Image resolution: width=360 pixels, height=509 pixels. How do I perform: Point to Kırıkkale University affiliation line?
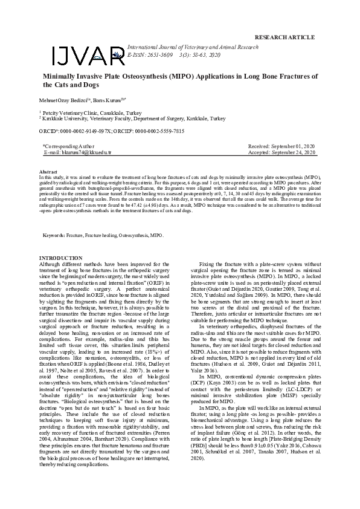click(133, 119)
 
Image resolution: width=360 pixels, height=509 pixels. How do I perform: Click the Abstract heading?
click(48, 172)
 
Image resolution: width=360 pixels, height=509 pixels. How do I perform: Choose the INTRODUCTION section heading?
click(60, 258)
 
